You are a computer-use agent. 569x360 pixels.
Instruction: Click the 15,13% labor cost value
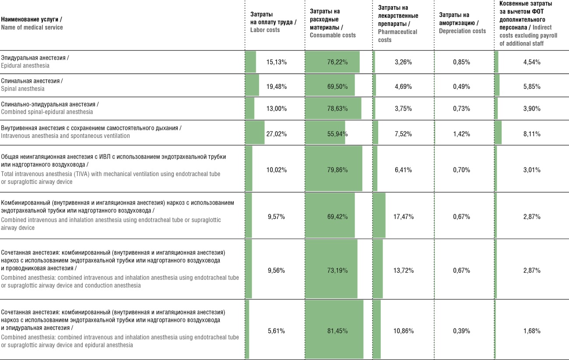pyautogui.click(x=276, y=62)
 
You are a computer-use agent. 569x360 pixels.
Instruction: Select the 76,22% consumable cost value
pyautogui.click(x=337, y=62)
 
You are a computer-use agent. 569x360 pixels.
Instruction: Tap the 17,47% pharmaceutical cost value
pyautogui.click(x=404, y=217)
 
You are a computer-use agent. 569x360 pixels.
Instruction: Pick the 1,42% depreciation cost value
pyautogui.click(x=462, y=134)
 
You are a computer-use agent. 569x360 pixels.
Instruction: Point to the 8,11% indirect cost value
pyautogui.click(x=532, y=134)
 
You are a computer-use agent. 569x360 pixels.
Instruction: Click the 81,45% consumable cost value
pyautogui.click(x=337, y=331)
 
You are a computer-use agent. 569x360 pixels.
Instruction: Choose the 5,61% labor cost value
pyautogui.click(x=276, y=331)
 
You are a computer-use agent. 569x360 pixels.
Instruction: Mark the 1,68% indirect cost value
pyautogui.click(x=532, y=331)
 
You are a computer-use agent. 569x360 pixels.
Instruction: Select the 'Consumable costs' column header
pyautogui.click(x=333, y=23)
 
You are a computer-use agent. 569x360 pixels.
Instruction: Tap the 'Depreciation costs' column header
pyautogui.click(x=462, y=23)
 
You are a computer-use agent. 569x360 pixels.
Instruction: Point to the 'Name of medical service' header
pyautogui.click(x=32, y=27)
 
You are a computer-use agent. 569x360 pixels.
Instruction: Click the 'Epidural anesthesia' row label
pyautogui.click(x=25, y=66)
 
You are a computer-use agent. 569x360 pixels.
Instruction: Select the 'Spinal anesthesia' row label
pyautogui.click(x=23, y=89)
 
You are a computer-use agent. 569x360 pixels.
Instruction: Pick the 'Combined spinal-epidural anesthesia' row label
pyautogui.click(x=47, y=112)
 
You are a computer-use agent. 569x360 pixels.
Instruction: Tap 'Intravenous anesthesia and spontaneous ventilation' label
pyautogui.click(x=65, y=136)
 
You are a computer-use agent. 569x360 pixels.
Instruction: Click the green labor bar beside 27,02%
pyautogui.click(x=255, y=132)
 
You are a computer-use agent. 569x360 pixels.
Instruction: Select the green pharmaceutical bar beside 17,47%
pyautogui.click(x=379, y=215)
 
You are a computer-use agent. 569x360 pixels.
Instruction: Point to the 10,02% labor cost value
pyautogui.click(x=276, y=170)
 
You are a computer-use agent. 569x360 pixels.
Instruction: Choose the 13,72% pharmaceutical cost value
pyautogui.click(x=404, y=270)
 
